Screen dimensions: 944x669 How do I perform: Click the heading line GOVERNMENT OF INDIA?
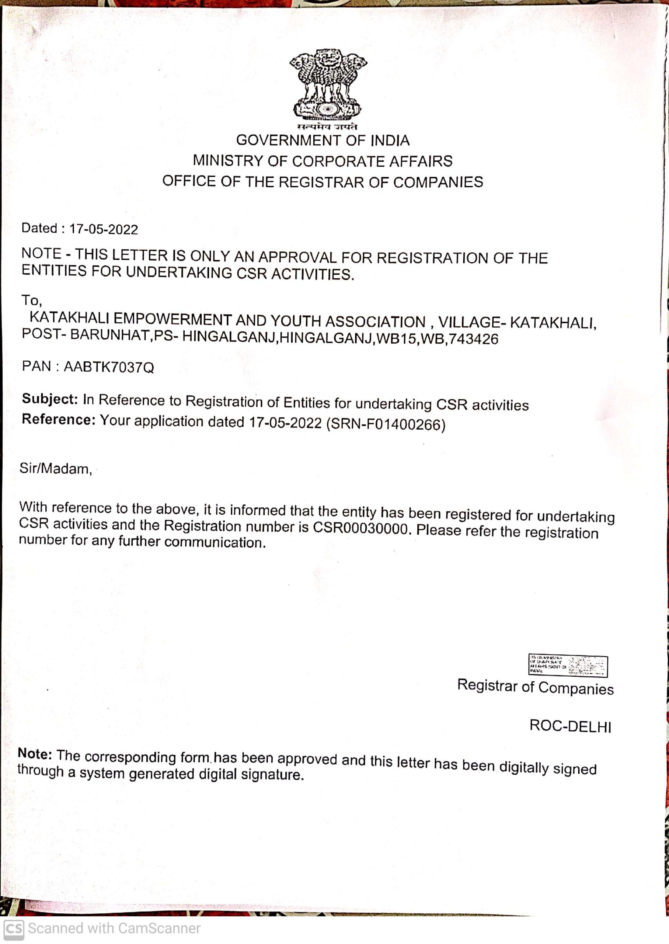click(323, 140)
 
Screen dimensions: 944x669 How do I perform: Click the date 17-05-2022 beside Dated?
click(104, 229)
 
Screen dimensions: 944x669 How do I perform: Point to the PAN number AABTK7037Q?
click(109, 367)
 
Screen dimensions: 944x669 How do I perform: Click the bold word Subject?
click(50, 399)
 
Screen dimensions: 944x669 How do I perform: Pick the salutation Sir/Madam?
click(56, 469)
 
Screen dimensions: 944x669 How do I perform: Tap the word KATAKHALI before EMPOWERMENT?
click(69, 318)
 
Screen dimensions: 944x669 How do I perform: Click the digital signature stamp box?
click(568, 665)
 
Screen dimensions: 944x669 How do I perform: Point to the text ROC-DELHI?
click(570, 726)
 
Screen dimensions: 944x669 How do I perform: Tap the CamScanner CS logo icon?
click(14, 929)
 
